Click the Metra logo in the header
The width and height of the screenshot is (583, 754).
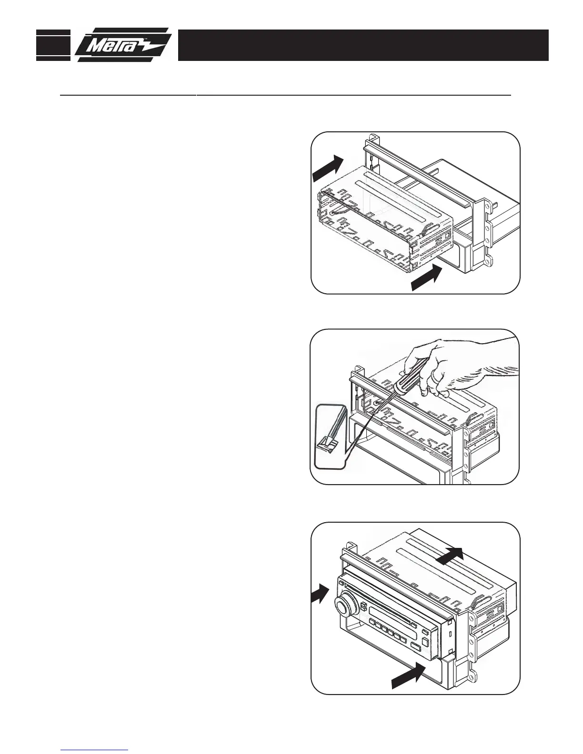pos(123,45)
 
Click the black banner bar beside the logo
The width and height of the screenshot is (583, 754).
pos(363,45)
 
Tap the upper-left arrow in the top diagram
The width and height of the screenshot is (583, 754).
pos(328,168)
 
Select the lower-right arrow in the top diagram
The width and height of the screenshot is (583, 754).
pos(428,278)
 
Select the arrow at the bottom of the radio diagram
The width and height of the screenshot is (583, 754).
pos(408,675)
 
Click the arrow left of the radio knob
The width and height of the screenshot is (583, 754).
pos(319,595)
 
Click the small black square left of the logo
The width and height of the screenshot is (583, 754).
pos(53,45)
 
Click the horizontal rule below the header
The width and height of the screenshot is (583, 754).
pos(286,95)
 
